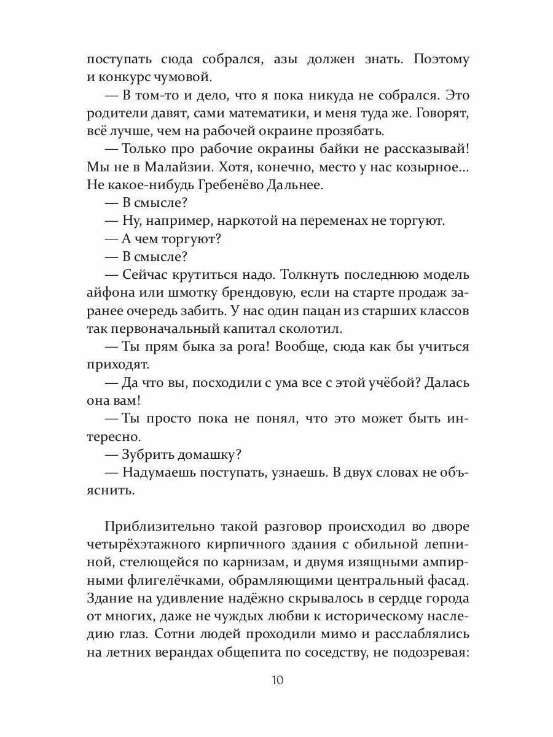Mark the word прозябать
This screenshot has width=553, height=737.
pos(334,131)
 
